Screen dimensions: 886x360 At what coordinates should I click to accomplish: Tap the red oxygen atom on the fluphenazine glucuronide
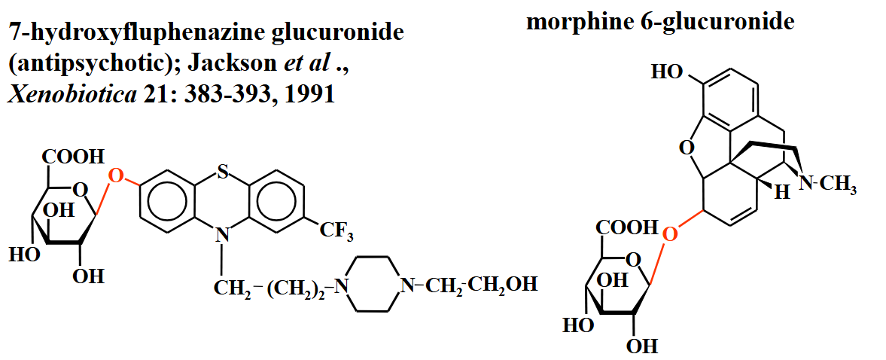pos(115,176)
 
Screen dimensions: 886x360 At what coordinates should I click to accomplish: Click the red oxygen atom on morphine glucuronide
pos(669,233)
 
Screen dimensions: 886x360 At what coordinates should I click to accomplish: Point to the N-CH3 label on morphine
pos(827,183)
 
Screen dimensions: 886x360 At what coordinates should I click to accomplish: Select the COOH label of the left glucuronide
pos(73,157)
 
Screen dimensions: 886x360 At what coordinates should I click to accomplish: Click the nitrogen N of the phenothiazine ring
pos(221,235)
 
